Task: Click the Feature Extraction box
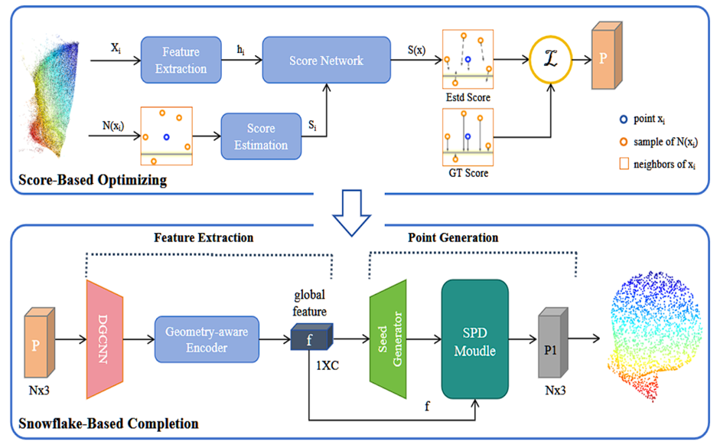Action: (x=181, y=60)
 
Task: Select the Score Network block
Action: (x=326, y=60)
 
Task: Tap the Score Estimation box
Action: (x=261, y=136)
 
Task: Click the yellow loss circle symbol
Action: (x=550, y=60)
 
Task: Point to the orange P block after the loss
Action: (x=607, y=55)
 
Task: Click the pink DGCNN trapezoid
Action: (x=105, y=339)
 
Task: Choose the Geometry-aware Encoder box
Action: (x=207, y=339)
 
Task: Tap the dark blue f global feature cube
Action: (x=312, y=337)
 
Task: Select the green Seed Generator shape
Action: (x=388, y=339)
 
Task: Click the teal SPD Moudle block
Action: (x=474, y=339)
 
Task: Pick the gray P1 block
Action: (x=552, y=342)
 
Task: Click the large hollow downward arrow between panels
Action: (x=352, y=213)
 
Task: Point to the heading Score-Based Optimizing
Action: (x=93, y=180)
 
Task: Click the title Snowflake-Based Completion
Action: (x=109, y=424)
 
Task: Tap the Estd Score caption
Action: (x=468, y=97)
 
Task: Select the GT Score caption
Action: (x=468, y=173)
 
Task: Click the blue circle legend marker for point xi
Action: (x=623, y=119)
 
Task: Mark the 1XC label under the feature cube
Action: (x=328, y=365)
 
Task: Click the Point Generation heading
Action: (x=453, y=237)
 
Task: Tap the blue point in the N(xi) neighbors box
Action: (x=167, y=137)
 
